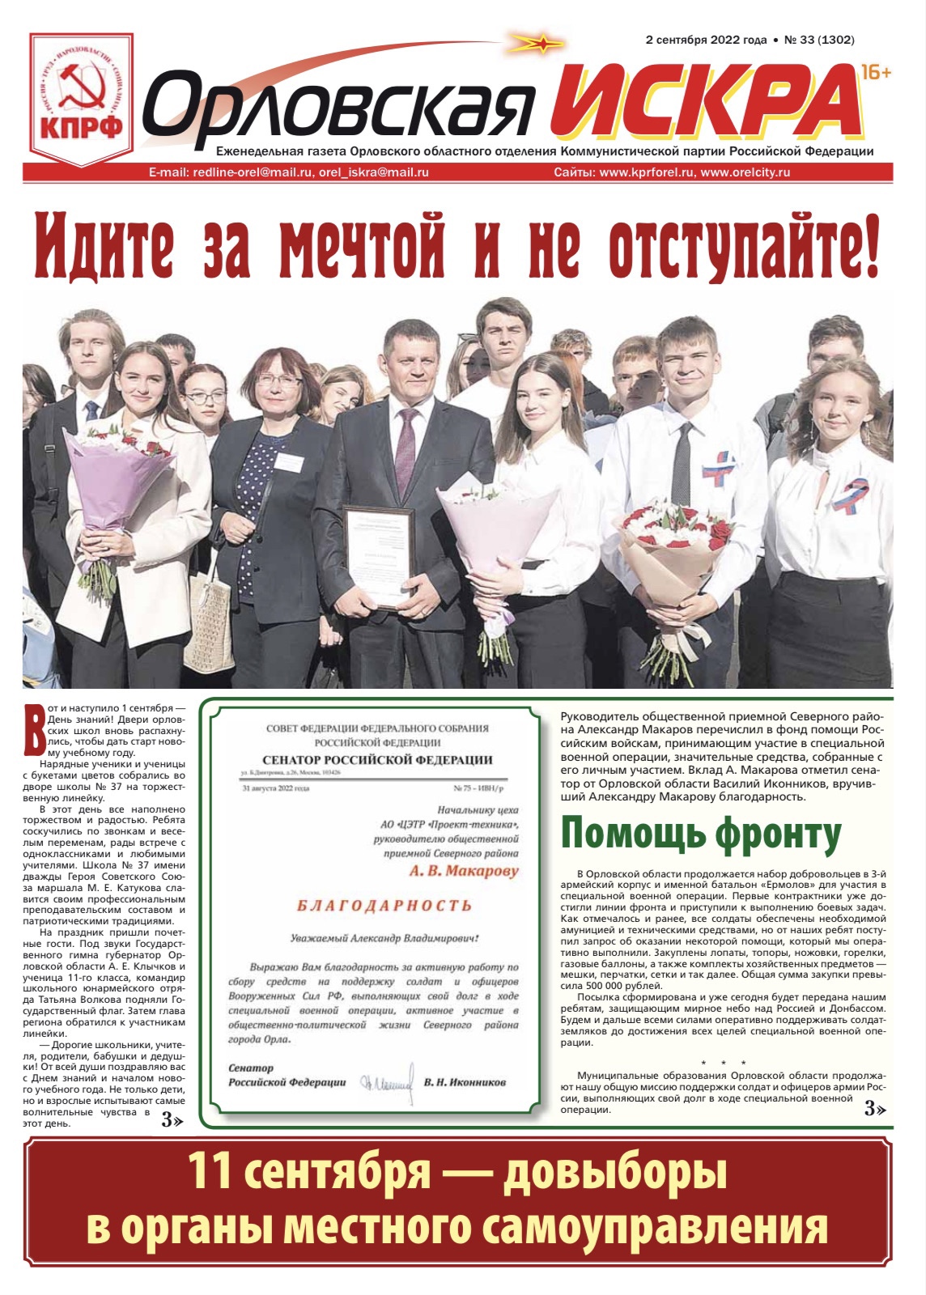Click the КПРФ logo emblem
coord(81,97)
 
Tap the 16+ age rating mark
coord(876,73)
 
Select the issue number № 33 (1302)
coord(819,40)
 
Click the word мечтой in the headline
coord(362,243)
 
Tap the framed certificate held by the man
coord(378,556)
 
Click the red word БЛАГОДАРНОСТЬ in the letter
coord(384,906)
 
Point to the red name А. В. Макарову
coord(463,872)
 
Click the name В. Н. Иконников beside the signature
coord(465,1082)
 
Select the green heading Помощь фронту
coord(701,834)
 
